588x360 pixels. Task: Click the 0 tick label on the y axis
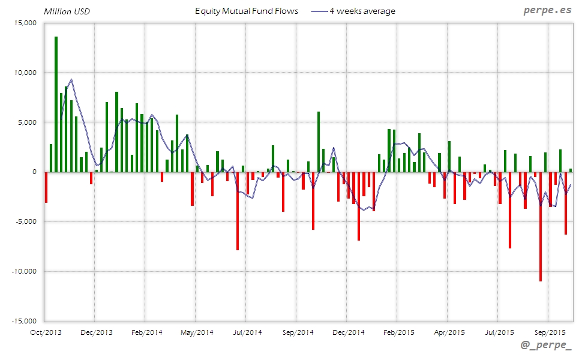pyautogui.click(x=34, y=172)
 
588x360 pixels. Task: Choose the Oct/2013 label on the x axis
pyautogui.click(x=46, y=332)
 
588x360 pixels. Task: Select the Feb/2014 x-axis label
pyautogui.click(x=146, y=332)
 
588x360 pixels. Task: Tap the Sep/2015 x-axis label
pyautogui.click(x=549, y=332)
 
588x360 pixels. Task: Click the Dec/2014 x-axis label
pyautogui.click(x=348, y=332)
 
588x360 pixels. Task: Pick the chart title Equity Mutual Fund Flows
pyautogui.click(x=247, y=11)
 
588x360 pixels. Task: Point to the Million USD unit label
pyautogui.click(x=67, y=11)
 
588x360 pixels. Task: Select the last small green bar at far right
pyautogui.click(x=571, y=170)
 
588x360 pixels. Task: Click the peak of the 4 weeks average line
pyautogui.click(x=71, y=79)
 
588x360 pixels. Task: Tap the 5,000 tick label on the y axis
pyautogui.click(x=28, y=122)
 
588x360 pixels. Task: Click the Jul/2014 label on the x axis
pyautogui.click(x=247, y=332)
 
